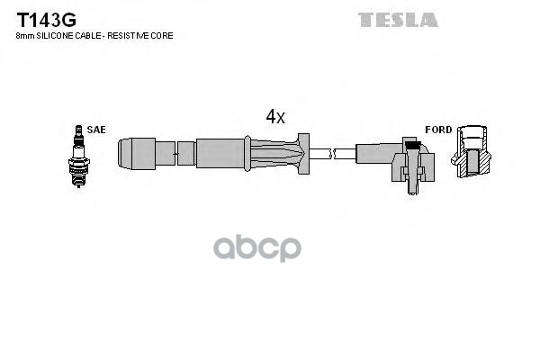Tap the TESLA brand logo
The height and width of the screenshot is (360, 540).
(398, 19)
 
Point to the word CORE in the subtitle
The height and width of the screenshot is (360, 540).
(161, 36)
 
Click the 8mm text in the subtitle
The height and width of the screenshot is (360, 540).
(23, 36)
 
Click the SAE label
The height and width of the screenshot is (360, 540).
(96, 130)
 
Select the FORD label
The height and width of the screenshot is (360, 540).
(438, 130)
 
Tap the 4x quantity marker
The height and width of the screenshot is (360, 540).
(274, 116)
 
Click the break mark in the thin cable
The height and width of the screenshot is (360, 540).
(332, 154)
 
